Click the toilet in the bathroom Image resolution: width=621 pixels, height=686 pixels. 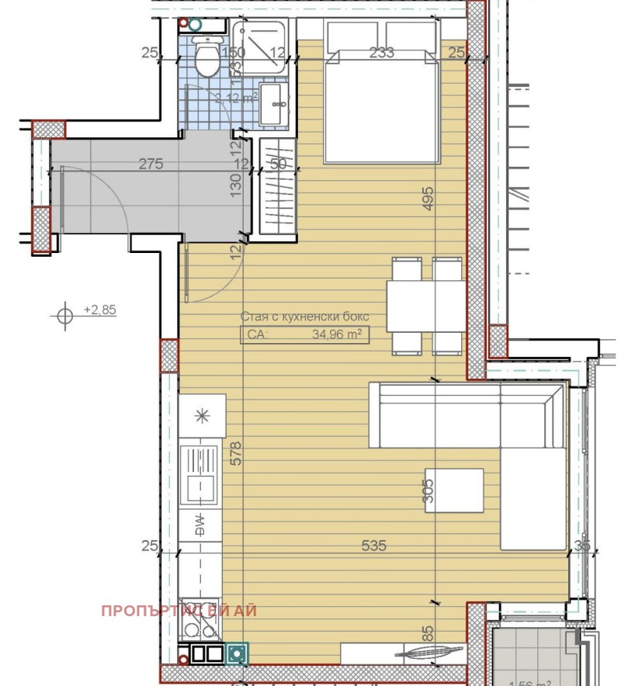pyautogui.click(x=206, y=60)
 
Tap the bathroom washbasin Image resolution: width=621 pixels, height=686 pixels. pyautogui.click(x=272, y=105)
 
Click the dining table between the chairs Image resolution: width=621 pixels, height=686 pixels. pyautogui.click(x=426, y=306)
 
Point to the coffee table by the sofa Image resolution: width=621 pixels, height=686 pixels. pyautogui.click(x=454, y=490)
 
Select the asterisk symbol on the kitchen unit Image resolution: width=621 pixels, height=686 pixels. pyautogui.click(x=202, y=415)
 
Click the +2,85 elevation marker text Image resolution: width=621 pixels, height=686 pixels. pyautogui.click(x=99, y=310)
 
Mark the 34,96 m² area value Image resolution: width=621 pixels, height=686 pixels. pyautogui.click(x=336, y=334)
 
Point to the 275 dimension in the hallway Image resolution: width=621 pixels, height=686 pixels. pyautogui.click(x=151, y=164)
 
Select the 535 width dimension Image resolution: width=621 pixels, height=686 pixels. pyautogui.click(x=373, y=546)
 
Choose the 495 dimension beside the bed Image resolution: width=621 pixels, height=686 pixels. pyautogui.click(x=427, y=198)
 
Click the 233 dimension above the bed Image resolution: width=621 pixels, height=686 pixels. pyautogui.click(x=382, y=52)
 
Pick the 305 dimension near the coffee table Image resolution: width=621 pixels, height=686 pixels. pyautogui.click(x=428, y=490)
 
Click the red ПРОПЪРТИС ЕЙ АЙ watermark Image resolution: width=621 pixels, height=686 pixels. pyautogui.click(x=179, y=610)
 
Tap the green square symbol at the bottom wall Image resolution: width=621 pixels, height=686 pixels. pyautogui.click(x=238, y=654)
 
